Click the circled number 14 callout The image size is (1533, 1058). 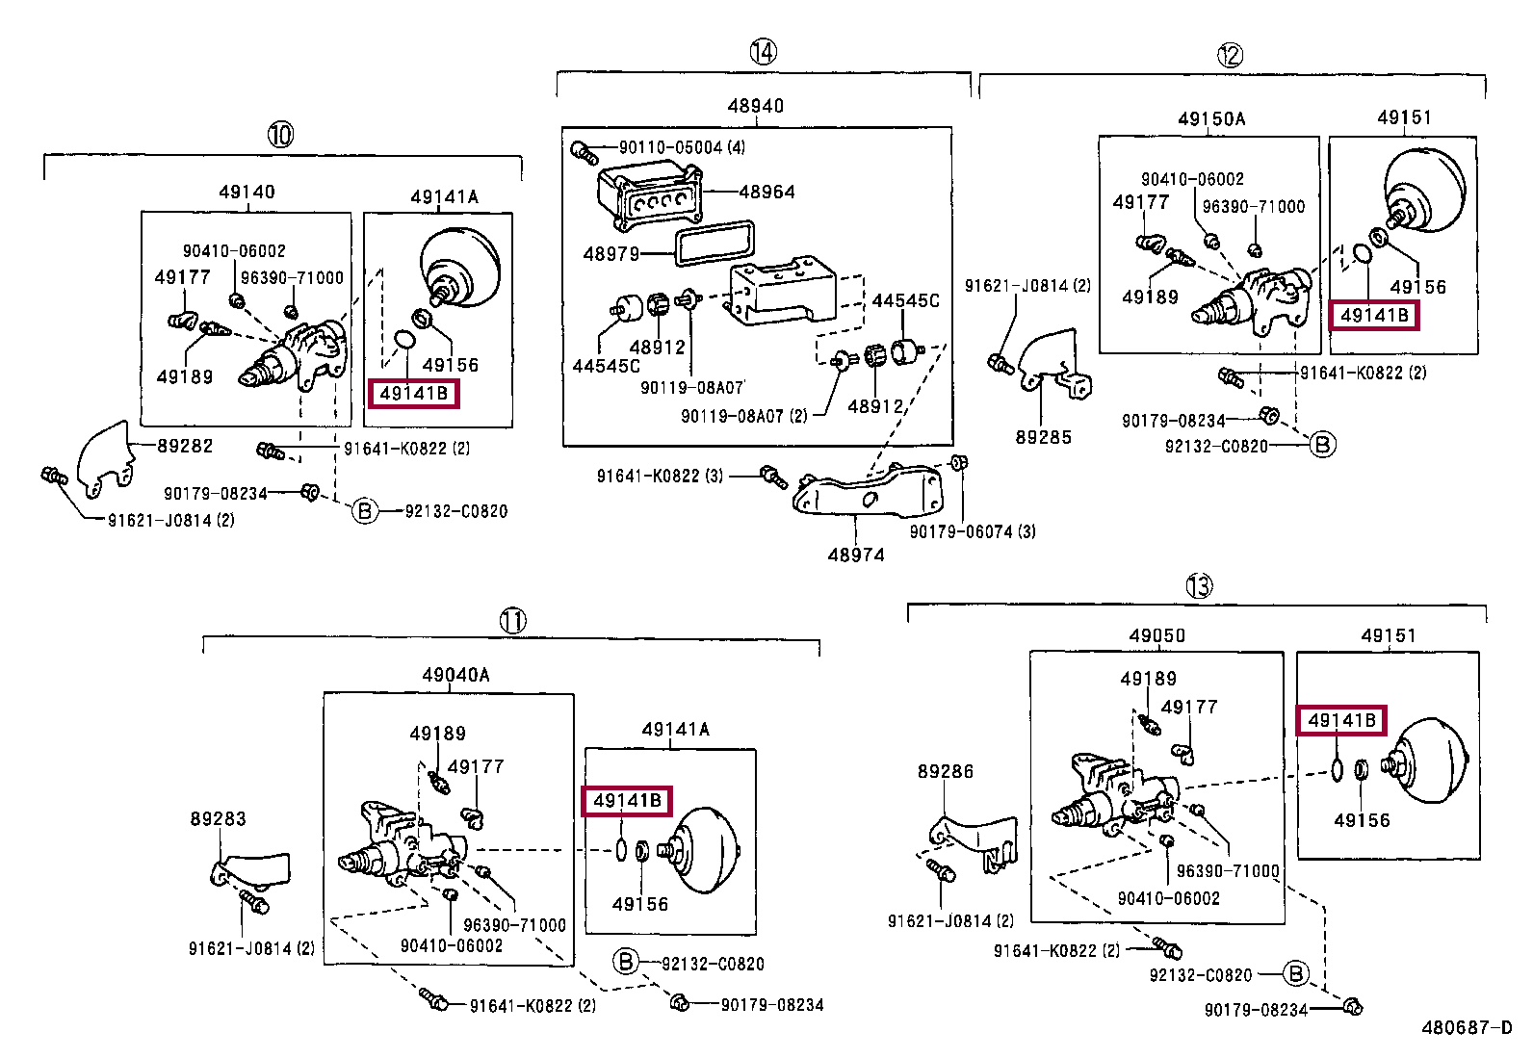pyautogui.click(x=763, y=51)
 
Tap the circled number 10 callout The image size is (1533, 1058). pyautogui.click(x=280, y=134)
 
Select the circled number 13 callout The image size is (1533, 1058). pyautogui.click(x=1199, y=586)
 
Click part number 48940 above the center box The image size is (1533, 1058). pyautogui.click(x=756, y=105)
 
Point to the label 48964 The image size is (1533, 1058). pyautogui.click(x=766, y=192)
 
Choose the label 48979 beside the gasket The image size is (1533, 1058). pyautogui.click(x=611, y=254)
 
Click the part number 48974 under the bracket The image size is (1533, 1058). pyautogui.click(x=856, y=555)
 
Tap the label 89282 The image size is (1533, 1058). pyautogui.click(x=185, y=446)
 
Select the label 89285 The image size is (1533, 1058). pyautogui.click(x=1043, y=437)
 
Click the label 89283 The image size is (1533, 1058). pyautogui.click(x=218, y=818)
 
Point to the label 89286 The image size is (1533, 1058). pyautogui.click(x=945, y=772)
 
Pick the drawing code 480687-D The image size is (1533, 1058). pyautogui.click(x=1467, y=1027)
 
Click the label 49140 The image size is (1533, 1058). pyautogui.click(x=247, y=192)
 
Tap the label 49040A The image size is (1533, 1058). pyautogui.click(x=455, y=675)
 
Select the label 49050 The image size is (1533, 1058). pyautogui.click(x=1157, y=635)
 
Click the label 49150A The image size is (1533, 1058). pyautogui.click(x=1211, y=119)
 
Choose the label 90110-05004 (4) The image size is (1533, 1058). pyautogui.click(x=683, y=147)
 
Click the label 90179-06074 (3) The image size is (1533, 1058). pyautogui.click(x=973, y=531)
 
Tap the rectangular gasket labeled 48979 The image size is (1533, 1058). pyautogui.click(x=715, y=243)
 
